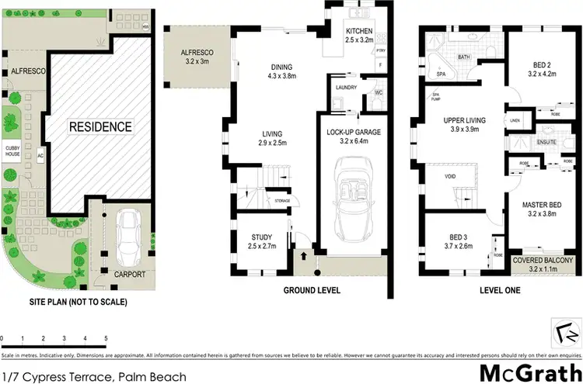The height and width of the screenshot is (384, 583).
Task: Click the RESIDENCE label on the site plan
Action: pos(100,126)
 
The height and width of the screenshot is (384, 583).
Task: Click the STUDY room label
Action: pos(260,237)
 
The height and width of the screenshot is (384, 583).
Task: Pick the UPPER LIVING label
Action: pos(464,121)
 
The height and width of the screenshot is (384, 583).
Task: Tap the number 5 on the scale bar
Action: pos(106,339)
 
